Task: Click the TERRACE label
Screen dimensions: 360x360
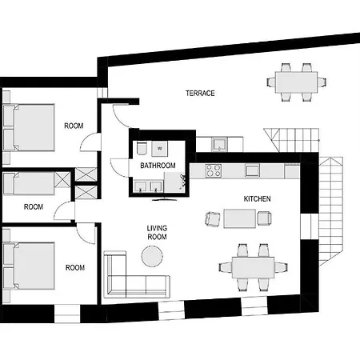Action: pyautogui.click(x=200, y=94)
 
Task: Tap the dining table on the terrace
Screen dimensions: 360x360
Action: pyautogui.click(x=296, y=81)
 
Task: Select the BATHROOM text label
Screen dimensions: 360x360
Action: pyautogui.click(x=158, y=166)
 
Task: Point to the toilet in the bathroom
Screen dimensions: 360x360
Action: pyautogui.click(x=141, y=150)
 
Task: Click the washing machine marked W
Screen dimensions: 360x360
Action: pyautogui.click(x=162, y=148)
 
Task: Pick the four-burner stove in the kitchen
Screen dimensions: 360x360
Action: pyautogui.click(x=214, y=170)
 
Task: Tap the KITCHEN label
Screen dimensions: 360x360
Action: pyautogui.click(x=257, y=198)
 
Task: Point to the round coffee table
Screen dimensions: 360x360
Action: pyautogui.click(x=152, y=256)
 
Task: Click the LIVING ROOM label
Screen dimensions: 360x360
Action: pyautogui.click(x=156, y=232)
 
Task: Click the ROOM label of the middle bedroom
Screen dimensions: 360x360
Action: pyautogui.click(x=34, y=206)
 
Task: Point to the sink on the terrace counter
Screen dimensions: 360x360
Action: pyautogui.click(x=219, y=145)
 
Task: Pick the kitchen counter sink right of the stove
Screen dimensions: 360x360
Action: pyautogui.click(x=252, y=170)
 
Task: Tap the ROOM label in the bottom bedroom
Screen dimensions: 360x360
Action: pyautogui.click(x=75, y=267)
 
